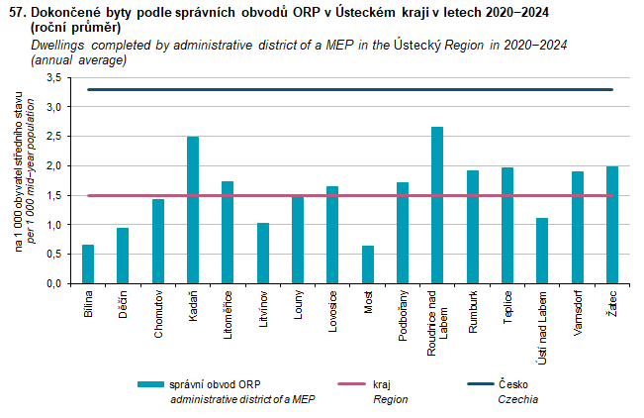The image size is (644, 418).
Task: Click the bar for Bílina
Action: tap(88, 263)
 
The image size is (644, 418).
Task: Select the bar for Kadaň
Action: tap(193, 210)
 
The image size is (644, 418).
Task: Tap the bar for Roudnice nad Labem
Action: tap(437, 205)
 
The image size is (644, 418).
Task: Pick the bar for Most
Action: tap(368, 264)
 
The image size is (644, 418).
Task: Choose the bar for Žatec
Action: tap(611, 225)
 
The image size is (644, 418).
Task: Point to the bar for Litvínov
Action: tap(262, 253)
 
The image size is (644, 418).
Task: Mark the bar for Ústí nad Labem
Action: tap(541, 251)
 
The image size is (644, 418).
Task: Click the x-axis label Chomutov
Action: tap(158, 316)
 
